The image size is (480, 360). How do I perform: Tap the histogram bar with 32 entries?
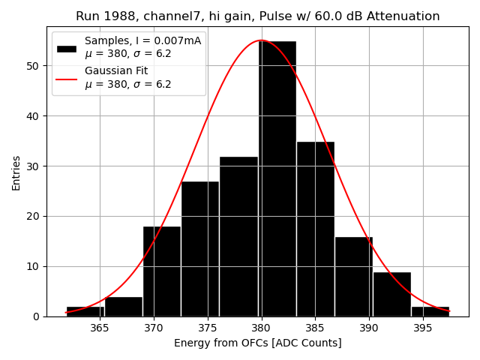click(x=238, y=236)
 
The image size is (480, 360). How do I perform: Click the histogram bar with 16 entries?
click(x=353, y=277)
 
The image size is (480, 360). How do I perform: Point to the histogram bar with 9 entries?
click(x=391, y=294)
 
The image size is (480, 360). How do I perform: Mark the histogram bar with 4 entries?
click(x=124, y=307)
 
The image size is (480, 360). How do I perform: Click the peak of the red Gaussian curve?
click(x=261, y=40)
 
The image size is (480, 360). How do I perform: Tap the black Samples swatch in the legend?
click(x=66, y=48)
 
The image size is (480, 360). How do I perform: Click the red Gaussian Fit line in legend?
click(x=66, y=78)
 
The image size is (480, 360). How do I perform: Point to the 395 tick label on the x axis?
click(x=422, y=328)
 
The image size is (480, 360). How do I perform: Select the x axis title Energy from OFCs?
click(x=257, y=343)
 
